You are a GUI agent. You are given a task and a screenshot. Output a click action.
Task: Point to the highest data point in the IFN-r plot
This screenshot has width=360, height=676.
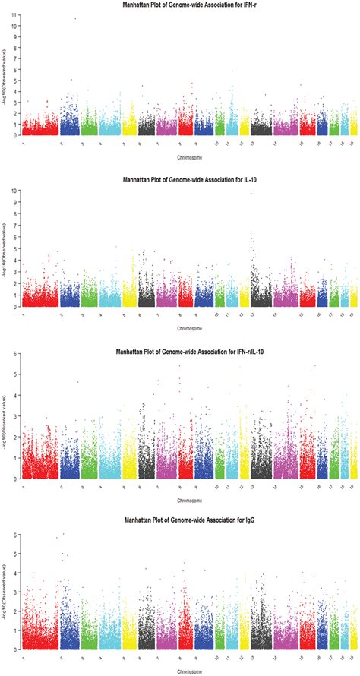tap(75, 18)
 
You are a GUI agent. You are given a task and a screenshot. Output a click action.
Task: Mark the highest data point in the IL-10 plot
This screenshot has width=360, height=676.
tap(251, 193)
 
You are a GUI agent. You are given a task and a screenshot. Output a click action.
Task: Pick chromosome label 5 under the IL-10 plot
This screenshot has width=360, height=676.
tap(125, 315)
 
